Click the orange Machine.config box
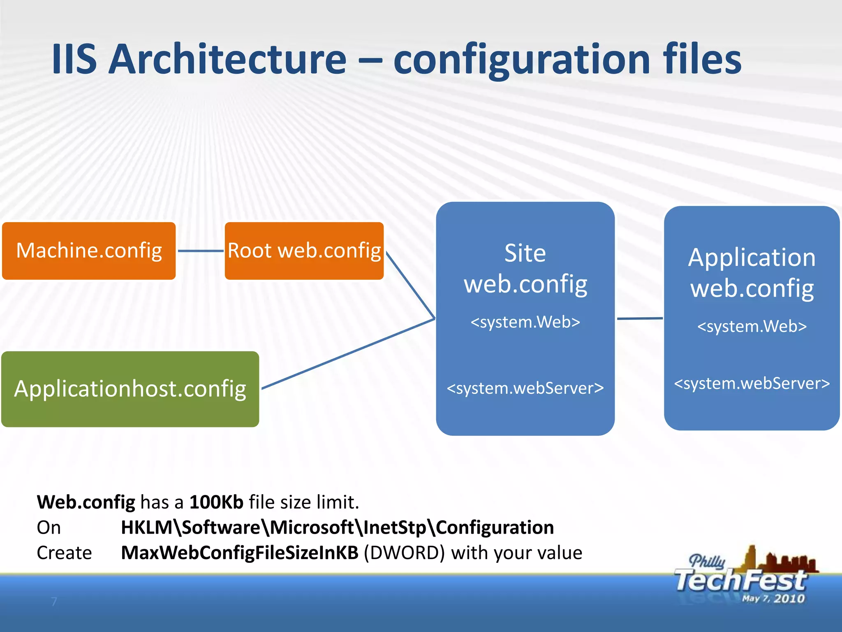pyautogui.click(x=89, y=251)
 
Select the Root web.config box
pyautogui.click(x=304, y=251)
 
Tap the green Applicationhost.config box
pyautogui.click(x=130, y=389)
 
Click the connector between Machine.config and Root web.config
pyautogui.click(x=200, y=251)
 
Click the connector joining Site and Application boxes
pyautogui.click(x=640, y=318)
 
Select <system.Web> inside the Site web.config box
pyautogui.click(x=525, y=322)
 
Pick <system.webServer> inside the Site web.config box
pyautogui.click(x=525, y=388)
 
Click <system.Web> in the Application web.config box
pyautogui.click(x=752, y=326)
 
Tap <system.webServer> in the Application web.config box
pyautogui.click(x=752, y=383)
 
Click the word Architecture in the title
pyautogui.click(x=228, y=60)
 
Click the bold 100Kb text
pyautogui.click(x=216, y=502)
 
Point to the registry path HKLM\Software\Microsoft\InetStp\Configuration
pyautogui.click(x=337, y=527)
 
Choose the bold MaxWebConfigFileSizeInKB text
pyautogui.click(x=240, y=553)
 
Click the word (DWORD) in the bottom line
pyautogui.click(x=404, y=553)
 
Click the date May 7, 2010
pyautogui.click(x=773, y=599)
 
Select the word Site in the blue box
pyautogui.click(x=525, y=253)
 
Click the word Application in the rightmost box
pyautogui.click(x=752, y=258)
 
